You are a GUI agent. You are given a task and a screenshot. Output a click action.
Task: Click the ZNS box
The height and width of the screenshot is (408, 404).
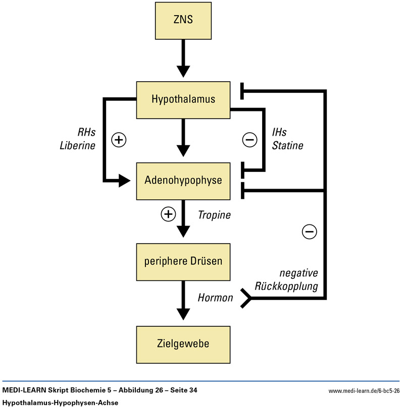[183, 22]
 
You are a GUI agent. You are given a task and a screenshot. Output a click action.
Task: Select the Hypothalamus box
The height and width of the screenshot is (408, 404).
[183, 99]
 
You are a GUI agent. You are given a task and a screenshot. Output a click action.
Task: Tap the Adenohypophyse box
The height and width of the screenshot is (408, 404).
[183, 180]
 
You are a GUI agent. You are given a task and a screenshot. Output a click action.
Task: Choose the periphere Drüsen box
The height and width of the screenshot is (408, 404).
[183, 262]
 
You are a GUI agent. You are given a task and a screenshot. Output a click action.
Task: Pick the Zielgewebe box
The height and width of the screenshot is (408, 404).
[183, 344]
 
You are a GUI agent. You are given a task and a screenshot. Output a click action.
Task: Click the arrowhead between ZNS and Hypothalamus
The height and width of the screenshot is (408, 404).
[183, 71]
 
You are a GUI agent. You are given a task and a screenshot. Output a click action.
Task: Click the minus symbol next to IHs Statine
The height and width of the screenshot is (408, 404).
[249, 140]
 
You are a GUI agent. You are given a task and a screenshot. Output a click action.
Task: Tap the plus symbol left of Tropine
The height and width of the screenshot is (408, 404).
[168, 214]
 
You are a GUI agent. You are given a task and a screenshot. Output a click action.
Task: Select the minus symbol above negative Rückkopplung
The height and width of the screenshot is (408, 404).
[309, 231]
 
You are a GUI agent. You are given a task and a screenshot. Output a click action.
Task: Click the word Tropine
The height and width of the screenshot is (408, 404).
[214, 215]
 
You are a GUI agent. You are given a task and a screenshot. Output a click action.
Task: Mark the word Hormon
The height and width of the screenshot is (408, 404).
[215, 298]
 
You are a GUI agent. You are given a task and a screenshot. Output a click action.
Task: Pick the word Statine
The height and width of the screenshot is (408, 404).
[287, 146]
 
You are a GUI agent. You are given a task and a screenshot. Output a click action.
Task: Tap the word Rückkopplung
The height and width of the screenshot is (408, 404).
[293, 287]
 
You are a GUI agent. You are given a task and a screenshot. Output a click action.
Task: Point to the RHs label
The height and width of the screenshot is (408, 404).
[86, 132]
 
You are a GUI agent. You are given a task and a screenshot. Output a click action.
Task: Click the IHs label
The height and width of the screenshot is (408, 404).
[279, 133]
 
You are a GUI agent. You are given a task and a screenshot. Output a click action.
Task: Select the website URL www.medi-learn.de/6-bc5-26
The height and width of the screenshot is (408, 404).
[364, 391]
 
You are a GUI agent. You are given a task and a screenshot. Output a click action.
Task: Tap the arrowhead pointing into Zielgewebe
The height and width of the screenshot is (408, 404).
[183, 314]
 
